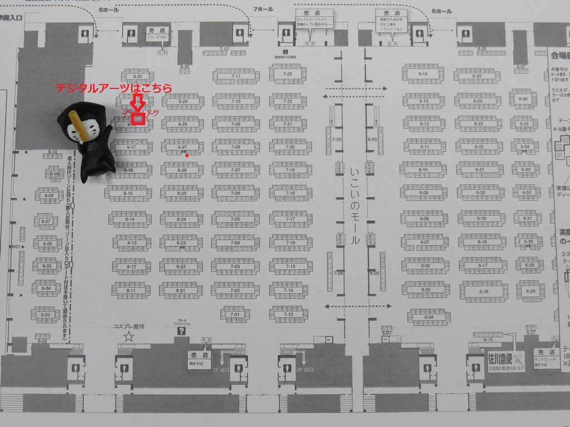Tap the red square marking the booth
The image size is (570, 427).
pos(138,118)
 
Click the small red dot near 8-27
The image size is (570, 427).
pos(187,156)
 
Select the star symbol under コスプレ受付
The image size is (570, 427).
pos(129,336)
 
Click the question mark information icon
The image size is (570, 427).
pos(181,331)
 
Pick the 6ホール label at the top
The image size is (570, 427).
pos(441,11)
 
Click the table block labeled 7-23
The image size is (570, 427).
pos(288,73)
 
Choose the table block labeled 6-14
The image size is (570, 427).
pos(423,74)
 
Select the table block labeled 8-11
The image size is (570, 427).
pos(131,290)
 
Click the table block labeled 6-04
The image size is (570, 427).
pos(429,317)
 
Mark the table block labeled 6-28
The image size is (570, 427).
pos(530,291)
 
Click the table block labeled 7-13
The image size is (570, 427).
pos(288,315)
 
